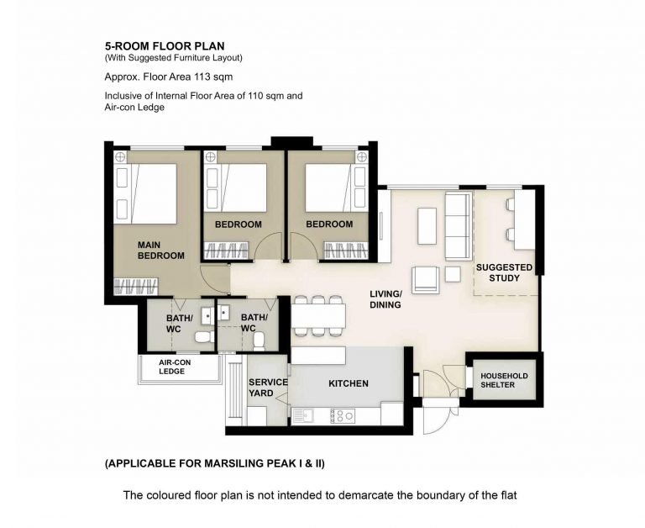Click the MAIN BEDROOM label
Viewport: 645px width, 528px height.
coord(161,251)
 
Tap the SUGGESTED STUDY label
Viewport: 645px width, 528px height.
coord(504,272)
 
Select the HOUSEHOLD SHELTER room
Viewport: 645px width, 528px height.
coord(504,380)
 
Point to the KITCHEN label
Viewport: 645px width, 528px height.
coord(349,383)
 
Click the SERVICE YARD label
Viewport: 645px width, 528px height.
coord(268,388)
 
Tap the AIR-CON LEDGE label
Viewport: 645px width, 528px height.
coord(175,367)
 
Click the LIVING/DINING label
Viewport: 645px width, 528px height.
coord(385,299)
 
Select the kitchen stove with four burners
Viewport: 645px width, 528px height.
coord(343,415)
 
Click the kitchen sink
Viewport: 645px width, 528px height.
coord(303,415)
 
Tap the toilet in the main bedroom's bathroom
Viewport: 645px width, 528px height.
coord(204,337)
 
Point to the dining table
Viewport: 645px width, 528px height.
coord(318,316)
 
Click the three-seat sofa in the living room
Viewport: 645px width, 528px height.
coord(459,226)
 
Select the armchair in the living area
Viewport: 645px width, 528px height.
coord(425,279)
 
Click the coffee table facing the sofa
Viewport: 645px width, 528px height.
coord(427,226)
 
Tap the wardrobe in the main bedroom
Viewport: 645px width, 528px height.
coord(136,286)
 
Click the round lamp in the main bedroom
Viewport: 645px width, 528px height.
coord(120,157)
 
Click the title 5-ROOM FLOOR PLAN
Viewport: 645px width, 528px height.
coord(165,45)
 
